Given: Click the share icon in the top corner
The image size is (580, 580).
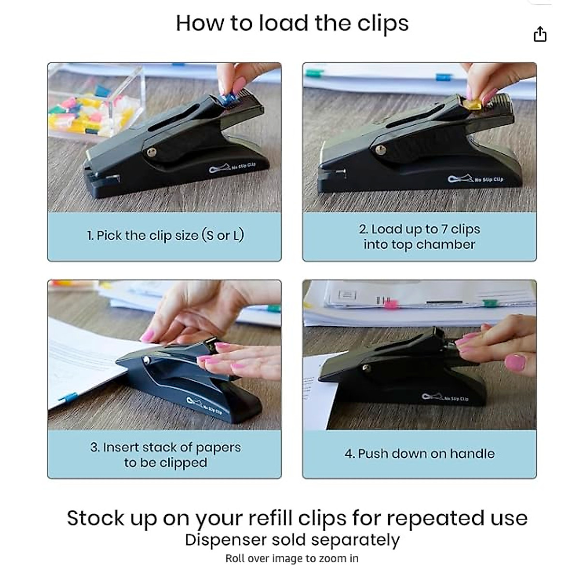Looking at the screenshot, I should tap(540, 34).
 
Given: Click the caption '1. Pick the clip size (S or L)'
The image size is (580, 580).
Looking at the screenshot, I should tap(165, 235).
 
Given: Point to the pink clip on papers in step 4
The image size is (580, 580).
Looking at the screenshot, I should tap(390, 304).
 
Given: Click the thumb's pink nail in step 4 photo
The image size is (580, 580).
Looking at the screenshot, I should tap(515, 362).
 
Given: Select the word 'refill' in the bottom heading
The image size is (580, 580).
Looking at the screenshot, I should tap(270, 518).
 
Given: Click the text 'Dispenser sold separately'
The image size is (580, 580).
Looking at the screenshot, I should tap(292, 540).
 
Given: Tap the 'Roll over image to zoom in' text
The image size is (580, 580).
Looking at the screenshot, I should tap(292, 559).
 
